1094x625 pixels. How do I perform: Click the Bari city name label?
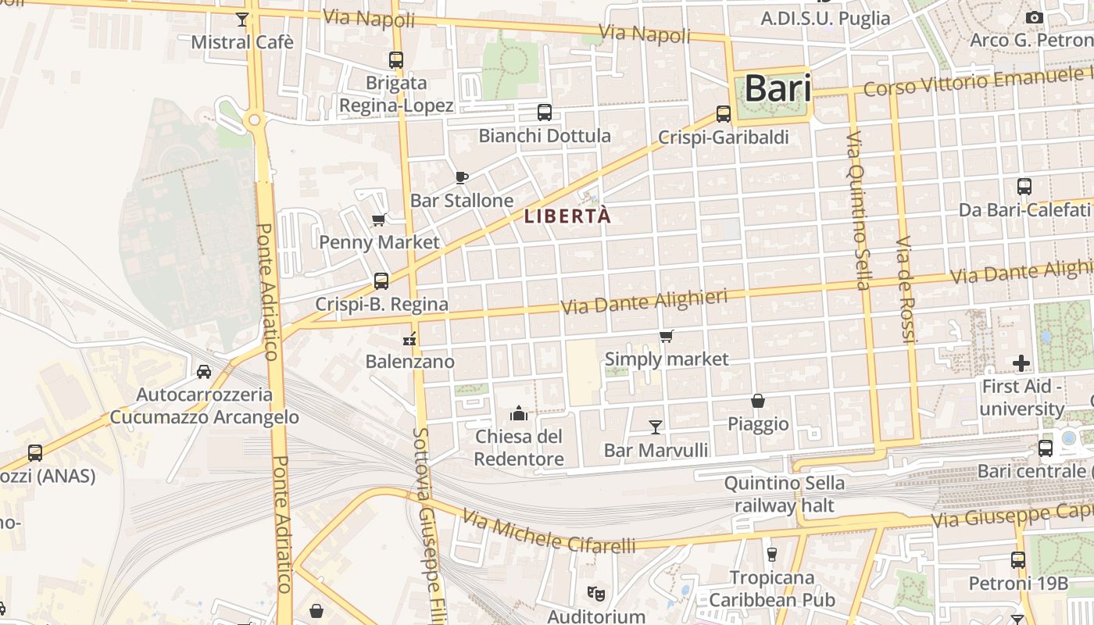coord(777,88)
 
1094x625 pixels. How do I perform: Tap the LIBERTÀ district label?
coord(567,216)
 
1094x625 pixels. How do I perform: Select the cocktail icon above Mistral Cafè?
coord(242,20)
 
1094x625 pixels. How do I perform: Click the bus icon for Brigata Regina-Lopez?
coord(396,59)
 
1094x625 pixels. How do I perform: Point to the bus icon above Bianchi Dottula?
coord(545,112)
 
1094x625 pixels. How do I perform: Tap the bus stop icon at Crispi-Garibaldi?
coord(724,114)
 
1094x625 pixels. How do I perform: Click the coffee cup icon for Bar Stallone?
coord(461,177)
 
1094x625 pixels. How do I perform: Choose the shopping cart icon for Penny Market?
coord(379,220)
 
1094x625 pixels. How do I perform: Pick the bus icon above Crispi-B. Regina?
coord(381,281)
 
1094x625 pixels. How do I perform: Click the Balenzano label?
coord(409,362)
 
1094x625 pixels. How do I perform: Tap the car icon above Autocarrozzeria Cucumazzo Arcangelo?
coord(204,371)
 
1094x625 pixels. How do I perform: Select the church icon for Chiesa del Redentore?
coord(519,412)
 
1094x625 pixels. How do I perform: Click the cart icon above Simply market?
coord(666,336)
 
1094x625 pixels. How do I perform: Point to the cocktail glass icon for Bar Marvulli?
coord(656,427)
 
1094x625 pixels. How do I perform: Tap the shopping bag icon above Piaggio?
coord(758,401)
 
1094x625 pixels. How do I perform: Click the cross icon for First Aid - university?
coord(1021,363)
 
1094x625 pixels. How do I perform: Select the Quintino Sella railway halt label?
coord(784,494)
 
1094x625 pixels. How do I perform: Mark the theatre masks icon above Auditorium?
coord(596,594)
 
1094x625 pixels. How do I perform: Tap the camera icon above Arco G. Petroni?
coord(1035,17)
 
